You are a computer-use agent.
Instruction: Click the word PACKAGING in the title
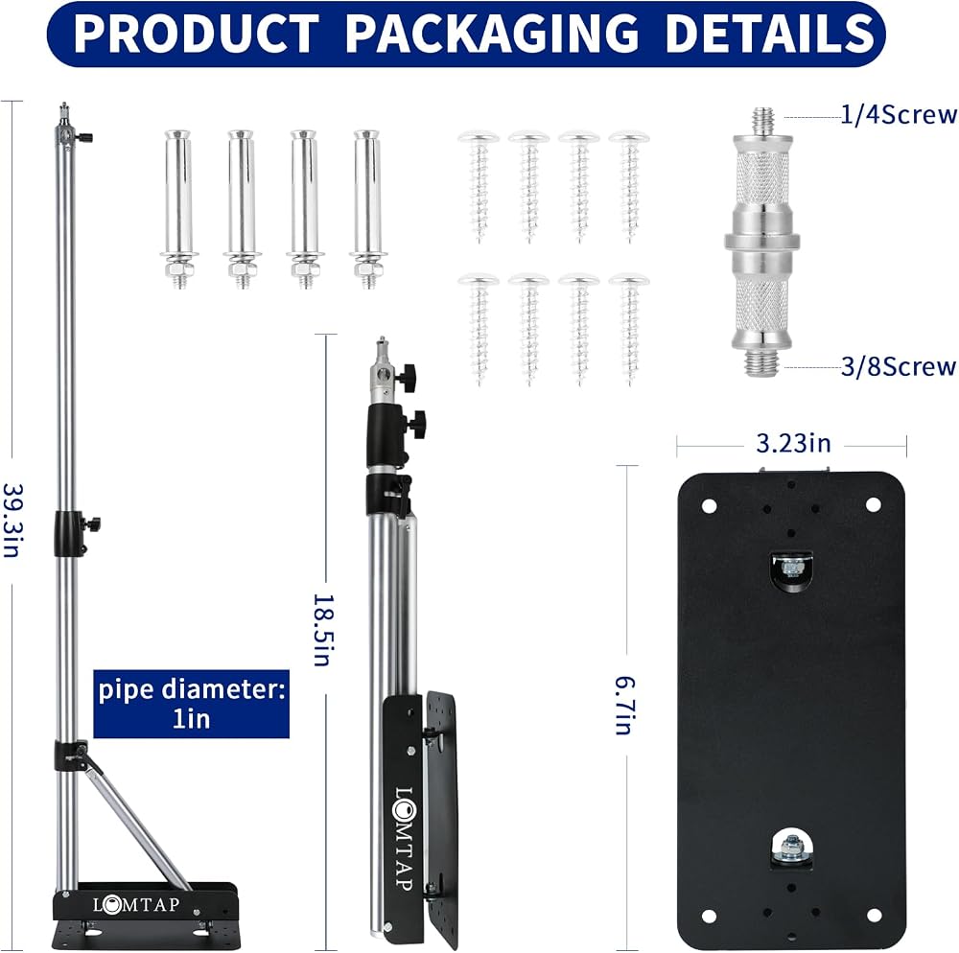(492, 33)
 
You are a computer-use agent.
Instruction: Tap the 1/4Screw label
(898, 115)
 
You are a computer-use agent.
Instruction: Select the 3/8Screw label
(898, 367)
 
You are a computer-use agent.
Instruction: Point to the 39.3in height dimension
(12, 521)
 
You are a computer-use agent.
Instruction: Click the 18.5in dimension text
(322, 630)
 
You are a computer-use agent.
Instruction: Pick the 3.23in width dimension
(793, 443)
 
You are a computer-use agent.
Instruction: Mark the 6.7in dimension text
(624, 705)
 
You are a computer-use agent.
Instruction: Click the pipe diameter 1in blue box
(191, 705)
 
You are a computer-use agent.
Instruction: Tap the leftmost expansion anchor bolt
(178, 208)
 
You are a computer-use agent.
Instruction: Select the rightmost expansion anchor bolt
(367, 208)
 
